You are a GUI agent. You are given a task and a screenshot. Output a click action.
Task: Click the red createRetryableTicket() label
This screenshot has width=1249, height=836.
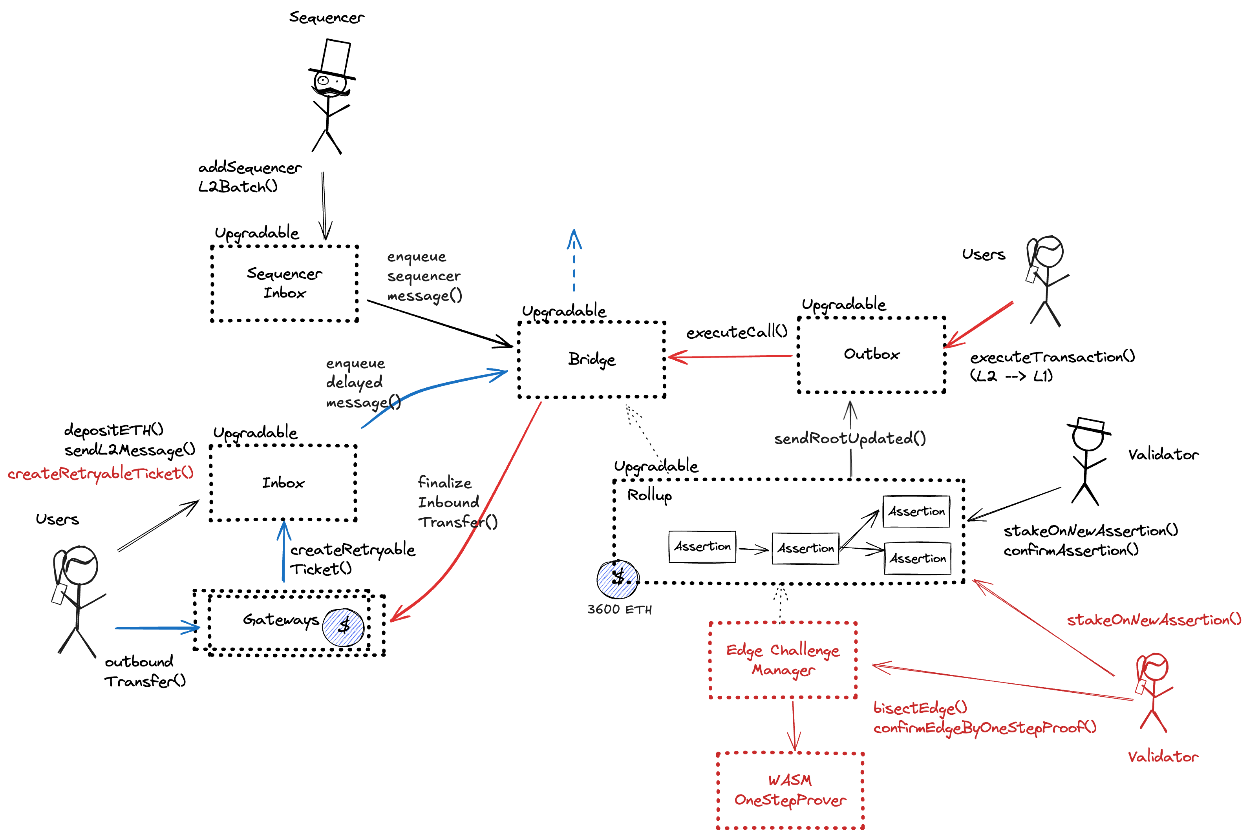[x=100, y=473]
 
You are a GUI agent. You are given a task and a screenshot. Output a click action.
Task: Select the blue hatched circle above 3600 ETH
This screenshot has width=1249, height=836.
[x=618, y=580]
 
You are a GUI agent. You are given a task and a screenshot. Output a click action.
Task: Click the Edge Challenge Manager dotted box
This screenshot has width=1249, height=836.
[x=783, y=660]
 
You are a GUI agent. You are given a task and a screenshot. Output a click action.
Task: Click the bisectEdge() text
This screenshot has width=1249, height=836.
[x=920, y=708]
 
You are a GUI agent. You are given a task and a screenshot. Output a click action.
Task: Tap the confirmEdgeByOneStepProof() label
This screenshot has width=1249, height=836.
[x=984, y=728]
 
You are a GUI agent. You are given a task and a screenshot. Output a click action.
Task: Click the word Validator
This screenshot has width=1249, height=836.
[x=1163, y=757]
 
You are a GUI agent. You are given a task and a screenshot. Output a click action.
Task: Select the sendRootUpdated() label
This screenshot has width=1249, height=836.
[x=850, y=439]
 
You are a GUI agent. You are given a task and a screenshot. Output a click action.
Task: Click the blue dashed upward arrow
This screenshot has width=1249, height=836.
[x=574, y=261]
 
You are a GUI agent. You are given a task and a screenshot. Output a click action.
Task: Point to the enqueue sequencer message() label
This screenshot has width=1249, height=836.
[x=424, y=276]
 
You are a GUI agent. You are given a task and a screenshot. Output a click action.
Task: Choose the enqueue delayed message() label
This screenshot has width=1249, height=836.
[x=357, y=383]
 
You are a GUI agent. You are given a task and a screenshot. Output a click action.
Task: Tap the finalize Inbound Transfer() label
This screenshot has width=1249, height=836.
[x=451, y=502]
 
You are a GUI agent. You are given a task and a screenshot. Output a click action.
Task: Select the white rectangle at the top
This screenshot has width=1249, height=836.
[x=335, y=57]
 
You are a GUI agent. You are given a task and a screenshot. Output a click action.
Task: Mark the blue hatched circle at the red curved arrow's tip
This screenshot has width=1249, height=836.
[x=344, y=628]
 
